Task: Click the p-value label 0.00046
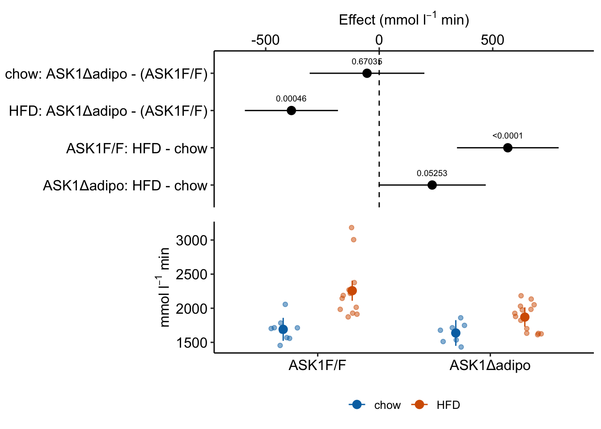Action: coord(291,99)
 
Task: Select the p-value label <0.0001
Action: coord(508,136)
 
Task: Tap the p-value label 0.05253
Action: coord(432,173)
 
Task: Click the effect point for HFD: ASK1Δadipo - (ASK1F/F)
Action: coord(291,110)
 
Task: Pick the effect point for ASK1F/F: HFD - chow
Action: coord(508,148)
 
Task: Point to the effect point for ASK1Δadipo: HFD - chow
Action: coord(432,185)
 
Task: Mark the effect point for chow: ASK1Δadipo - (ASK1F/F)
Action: coord(367,73)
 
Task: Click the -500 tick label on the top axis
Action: coord(266,40)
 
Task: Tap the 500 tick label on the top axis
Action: coord(493,40)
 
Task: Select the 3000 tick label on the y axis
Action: coord(192,240)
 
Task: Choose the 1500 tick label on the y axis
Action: coord(192,343)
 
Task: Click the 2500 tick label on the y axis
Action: coord(192,274)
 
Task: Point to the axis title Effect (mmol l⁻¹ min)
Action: coord(404,20)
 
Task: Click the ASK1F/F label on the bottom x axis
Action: coord(317,366)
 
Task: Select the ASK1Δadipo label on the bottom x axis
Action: coord(490,366)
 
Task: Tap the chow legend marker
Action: coord(357,405)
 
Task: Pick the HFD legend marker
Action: coord(419,405)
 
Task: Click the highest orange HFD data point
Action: coord(351,227)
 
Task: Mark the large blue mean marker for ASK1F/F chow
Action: coord(283,330)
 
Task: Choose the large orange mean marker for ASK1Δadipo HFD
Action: coord(525,317)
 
